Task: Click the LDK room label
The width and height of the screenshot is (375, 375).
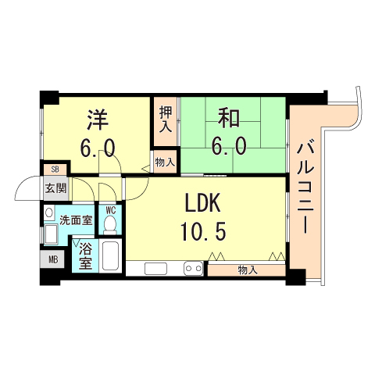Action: [205, 205]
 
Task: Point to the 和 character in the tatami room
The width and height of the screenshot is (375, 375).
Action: [228, 120]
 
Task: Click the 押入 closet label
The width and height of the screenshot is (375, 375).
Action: [165, 120]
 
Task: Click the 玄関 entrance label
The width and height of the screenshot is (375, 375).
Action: [55, 187]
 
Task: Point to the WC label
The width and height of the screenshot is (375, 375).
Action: [111, 209]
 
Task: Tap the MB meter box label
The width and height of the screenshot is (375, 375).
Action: [53, 259]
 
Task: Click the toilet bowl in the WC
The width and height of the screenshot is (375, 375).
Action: [110, 224]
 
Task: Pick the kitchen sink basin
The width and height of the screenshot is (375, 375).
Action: [155, 270]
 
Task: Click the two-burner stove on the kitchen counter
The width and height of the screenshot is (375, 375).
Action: [193, 270]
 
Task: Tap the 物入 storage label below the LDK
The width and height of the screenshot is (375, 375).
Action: [247, 270]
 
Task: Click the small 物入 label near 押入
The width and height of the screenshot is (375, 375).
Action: [165, 162]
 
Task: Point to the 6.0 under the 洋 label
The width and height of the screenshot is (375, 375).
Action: [98, 148]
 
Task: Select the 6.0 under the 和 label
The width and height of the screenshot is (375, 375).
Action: [228, 145]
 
